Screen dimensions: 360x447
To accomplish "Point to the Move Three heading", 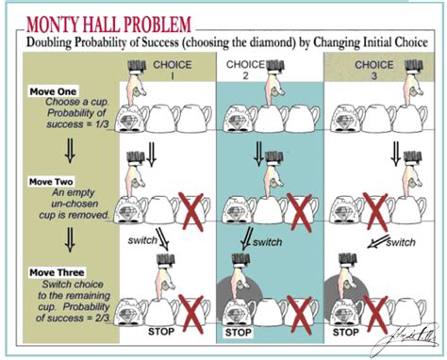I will [x=57, y=273].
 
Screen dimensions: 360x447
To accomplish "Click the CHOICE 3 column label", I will [x=374, y=73].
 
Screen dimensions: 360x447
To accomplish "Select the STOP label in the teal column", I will [x=238, y=333].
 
